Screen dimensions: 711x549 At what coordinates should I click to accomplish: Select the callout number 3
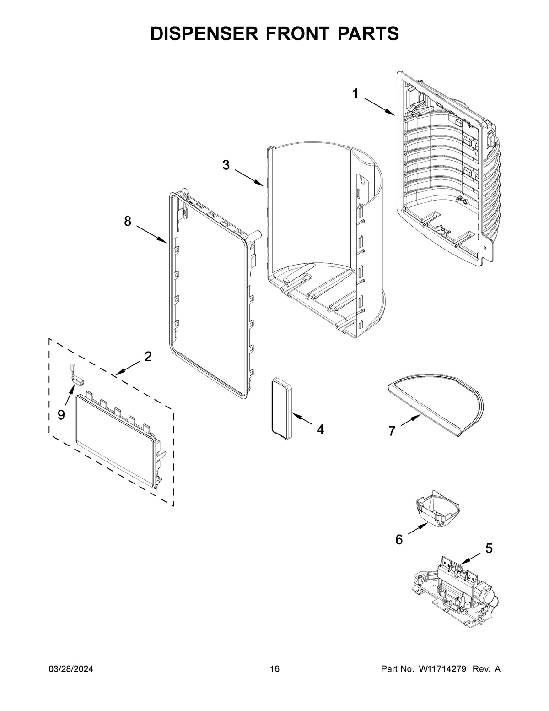click(226, 165)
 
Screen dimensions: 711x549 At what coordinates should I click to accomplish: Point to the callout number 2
click(148, 357)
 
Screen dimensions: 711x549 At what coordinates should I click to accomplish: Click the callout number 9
click(61, 415)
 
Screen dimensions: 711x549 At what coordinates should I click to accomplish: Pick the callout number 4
click(320, 429)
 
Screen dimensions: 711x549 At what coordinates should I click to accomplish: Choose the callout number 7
click(392, 431)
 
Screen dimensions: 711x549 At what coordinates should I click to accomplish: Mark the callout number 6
click(399, 540)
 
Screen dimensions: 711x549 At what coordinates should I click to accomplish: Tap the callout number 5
click(489, 548)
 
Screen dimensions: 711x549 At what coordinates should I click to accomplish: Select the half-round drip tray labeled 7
click(435, 403)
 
